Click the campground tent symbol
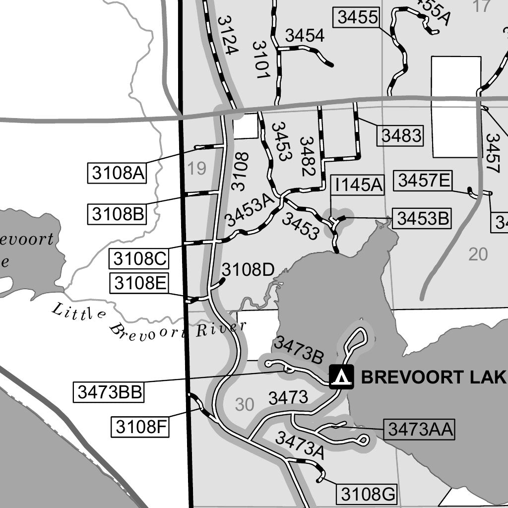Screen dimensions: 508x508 click(x=342, y=377)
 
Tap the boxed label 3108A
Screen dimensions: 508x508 click(x=117, y=173)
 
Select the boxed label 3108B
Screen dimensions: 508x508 click(x=117, y=214)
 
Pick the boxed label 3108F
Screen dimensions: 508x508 click(x=140, y=426)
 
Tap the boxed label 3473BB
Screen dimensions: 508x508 click(x=110, y=392)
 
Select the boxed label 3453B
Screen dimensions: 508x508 click(x=422, y=218)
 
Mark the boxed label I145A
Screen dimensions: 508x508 click(x=359, y=185)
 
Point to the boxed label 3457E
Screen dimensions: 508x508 click(x=423, y=181)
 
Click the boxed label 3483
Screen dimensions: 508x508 click(x=401, y=135)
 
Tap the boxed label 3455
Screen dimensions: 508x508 click(x=358, y=17)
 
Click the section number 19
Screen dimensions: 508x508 click(x=196, y=169)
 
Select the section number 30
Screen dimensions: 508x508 click(x=244, y=405)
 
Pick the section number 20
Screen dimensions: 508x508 click(x=478, y=254)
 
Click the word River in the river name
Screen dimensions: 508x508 click(x=221, y=329)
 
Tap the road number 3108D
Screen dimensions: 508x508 click(x=248, y=270)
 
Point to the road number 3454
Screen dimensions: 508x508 click(x=304, y=36)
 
